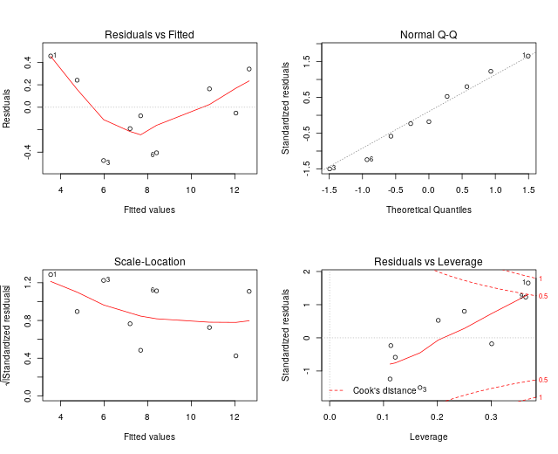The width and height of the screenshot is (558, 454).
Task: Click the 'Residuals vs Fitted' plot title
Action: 149,35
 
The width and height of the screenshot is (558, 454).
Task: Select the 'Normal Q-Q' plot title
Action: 428,35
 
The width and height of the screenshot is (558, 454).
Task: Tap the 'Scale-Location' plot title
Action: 149,262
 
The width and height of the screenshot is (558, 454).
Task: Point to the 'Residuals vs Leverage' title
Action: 428,262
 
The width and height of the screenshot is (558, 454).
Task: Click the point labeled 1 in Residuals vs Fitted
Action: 51,56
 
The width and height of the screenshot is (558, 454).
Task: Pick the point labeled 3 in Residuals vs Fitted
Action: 103,161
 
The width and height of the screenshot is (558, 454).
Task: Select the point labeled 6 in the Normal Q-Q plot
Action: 366,160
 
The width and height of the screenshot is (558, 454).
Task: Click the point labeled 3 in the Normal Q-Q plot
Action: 329,169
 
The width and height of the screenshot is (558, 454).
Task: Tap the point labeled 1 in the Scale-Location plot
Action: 51,275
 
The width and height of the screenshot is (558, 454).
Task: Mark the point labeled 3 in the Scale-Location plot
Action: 103,280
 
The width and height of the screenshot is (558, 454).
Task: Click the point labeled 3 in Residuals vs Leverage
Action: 419,388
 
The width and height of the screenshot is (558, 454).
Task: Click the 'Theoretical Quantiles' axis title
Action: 428,210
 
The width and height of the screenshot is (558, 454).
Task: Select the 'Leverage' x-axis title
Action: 428,437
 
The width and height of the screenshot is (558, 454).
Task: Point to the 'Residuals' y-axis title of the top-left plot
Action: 8,107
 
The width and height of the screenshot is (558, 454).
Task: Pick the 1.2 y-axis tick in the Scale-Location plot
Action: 28,284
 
